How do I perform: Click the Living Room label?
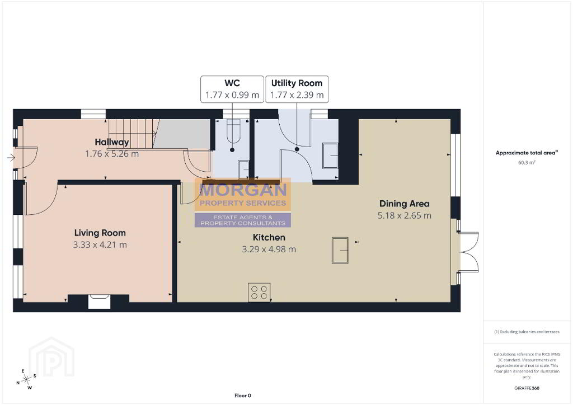(x=100, y=233)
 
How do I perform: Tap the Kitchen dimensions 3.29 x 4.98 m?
(x=269, y=249)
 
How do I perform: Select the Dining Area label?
(x=404, y=204)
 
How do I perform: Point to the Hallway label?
(x=112, y=142)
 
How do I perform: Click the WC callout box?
(x=232, y=89)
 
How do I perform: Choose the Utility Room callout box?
(x=297, y=89)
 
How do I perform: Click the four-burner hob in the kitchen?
(x=259, y=292)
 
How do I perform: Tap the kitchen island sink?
(x=340, y=250)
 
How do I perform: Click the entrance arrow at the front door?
(x=11, y=158)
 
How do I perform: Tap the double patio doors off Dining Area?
(x=468, y=252)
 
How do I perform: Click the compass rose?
(x=26, y=379)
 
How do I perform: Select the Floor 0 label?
(x=243, y=395)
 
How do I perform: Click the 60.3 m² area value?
(x=527, y=163)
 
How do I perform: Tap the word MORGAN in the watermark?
(x=243, y=190)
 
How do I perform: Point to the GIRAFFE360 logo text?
(x=527, y=388)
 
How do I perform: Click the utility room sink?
(x=330, y=156)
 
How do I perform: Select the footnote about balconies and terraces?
(x=527, y=332)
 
